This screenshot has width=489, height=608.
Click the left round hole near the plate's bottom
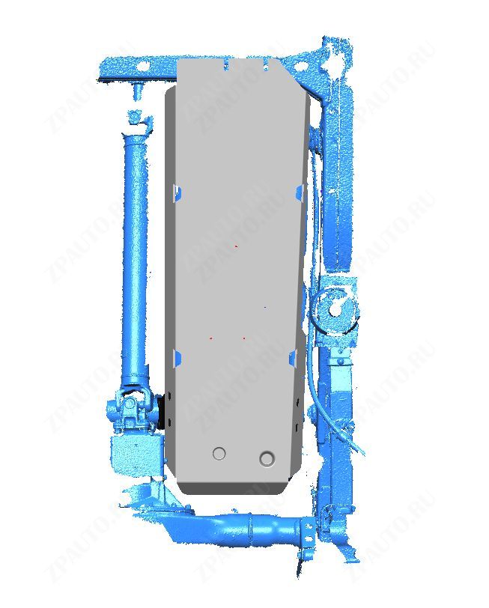(x=219, y=453)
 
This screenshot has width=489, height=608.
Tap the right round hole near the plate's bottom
(x=267, y=458)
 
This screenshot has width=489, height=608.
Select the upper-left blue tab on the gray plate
(x=177, y=192)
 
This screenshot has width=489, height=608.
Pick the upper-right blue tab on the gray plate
(x=300, y=192)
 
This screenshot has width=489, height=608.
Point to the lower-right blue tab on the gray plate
(x=294, y=356)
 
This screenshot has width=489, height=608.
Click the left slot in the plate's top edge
(x=227, y=65)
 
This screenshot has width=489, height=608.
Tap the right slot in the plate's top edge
(x=266, y=65)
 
